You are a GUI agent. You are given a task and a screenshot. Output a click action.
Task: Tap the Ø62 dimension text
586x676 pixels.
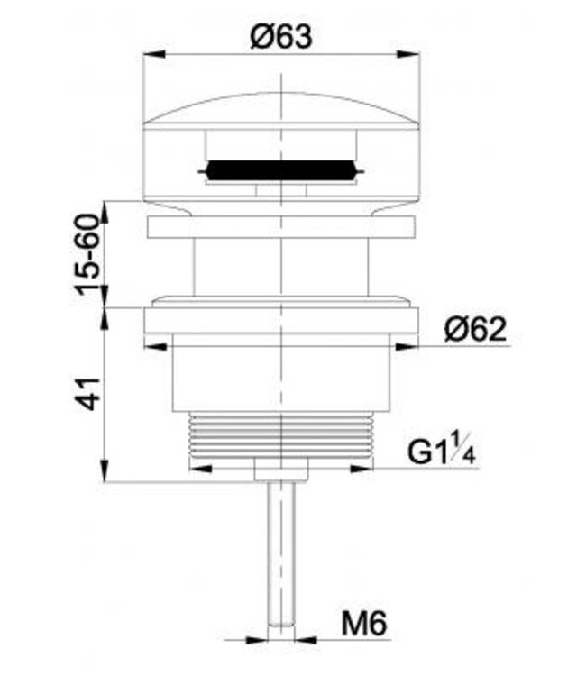[x=474, y=330]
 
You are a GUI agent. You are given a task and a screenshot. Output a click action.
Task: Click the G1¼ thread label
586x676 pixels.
[x=441, y=452]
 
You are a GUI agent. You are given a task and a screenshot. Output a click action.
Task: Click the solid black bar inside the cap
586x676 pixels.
[x=281, y=170]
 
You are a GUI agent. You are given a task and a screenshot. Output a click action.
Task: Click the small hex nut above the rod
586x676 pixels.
[x=282, y=470]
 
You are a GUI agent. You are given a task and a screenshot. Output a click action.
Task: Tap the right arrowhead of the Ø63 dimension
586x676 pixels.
[x=415, y=55]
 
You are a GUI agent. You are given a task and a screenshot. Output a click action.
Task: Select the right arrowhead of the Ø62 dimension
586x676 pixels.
[x=411, y=346]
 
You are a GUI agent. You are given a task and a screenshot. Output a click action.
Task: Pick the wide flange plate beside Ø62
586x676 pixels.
[x=282, y=323]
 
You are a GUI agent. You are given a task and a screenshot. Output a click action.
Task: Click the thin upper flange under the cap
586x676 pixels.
[x=282, y=226]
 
